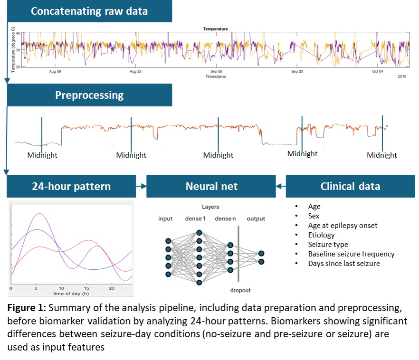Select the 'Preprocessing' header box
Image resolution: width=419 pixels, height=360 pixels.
pyautogui.click(x=89, y=95)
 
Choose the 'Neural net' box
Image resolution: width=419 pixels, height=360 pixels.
pyautogui.click(x=211, y=186)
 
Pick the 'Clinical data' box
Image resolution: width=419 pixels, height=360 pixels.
pyautogui.click(x=350, y=186)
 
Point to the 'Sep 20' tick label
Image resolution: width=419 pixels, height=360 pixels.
pyautogui.click(x=297, y=72)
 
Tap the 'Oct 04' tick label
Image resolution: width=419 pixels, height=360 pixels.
pyautogui.click(x=378, y=72)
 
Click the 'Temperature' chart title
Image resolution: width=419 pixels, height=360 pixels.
pyautogui.click(x=215, y=29)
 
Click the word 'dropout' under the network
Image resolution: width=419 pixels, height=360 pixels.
pyautogui.click(x=238, y=290)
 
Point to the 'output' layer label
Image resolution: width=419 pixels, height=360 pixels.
pyautogui.click(x=256, y=218)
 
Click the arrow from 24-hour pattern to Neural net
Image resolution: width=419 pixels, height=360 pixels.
pyautogui.click(x=141, y=186)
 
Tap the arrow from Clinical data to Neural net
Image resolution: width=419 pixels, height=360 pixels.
pyautogui.click(x=281, y=186)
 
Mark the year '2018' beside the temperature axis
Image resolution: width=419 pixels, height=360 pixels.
pyautogui.click(x=402, y=76)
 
